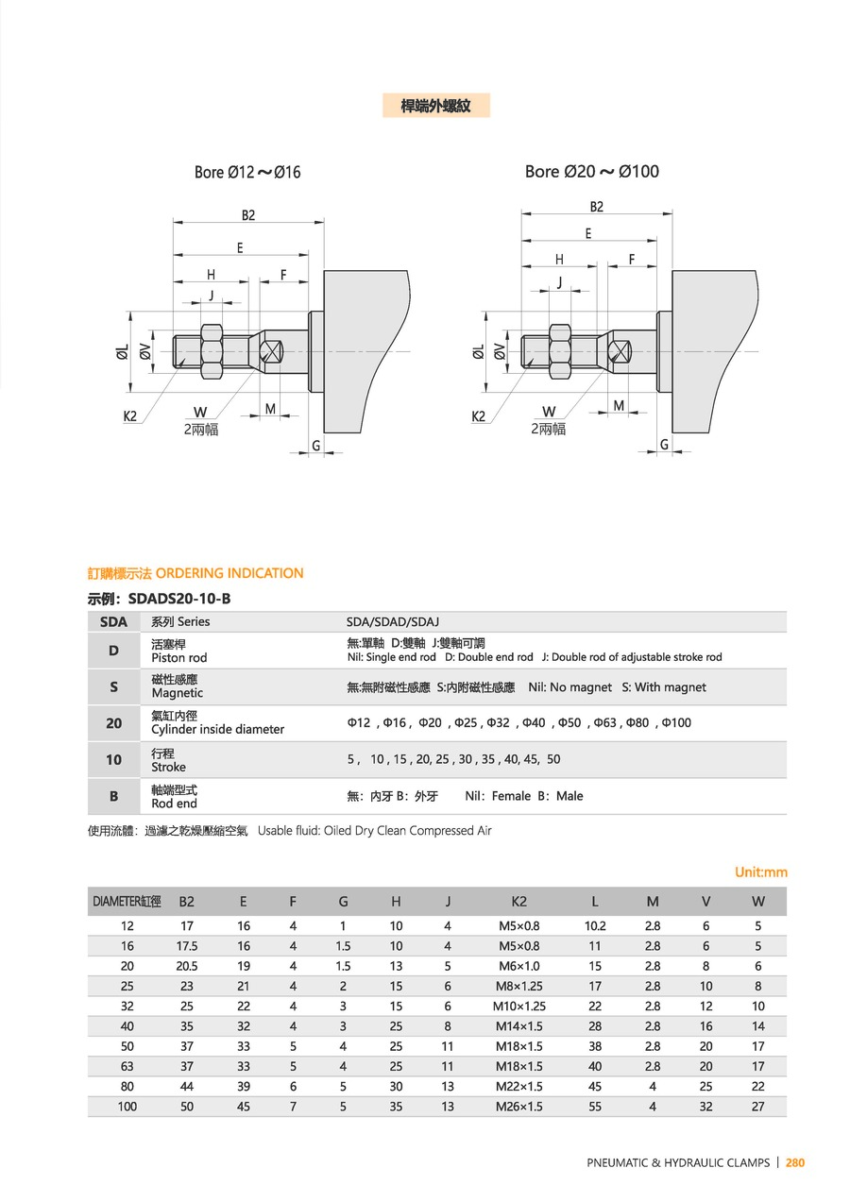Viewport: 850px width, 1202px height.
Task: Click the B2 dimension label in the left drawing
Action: (247, 215)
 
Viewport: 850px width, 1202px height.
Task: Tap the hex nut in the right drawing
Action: (560, 351)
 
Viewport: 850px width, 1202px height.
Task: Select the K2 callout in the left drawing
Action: (130, 415)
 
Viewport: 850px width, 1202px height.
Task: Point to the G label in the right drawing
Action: (664, 445)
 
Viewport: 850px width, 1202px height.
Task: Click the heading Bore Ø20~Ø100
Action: (592, 171)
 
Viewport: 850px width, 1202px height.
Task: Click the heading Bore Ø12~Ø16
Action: (247, 172)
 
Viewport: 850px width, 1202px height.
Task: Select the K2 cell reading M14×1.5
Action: (518, 1026)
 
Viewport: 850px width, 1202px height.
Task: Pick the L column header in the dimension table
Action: (595, 902)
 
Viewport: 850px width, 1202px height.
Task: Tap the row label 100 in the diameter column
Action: (127, 1107)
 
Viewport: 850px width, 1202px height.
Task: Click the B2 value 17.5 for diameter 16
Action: (187, 946)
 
